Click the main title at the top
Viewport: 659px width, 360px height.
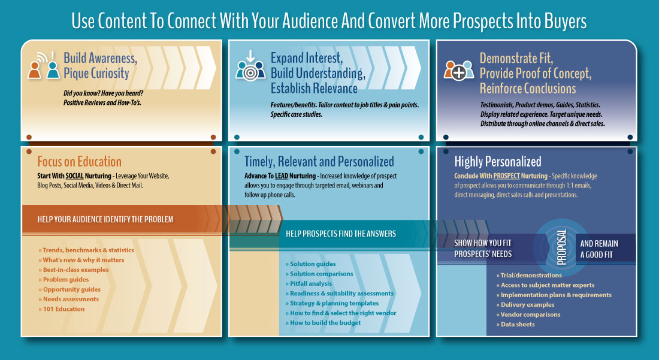point(329,21)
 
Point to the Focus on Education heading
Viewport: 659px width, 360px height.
point(79,162)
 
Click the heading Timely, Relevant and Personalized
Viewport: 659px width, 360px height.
point(319,162)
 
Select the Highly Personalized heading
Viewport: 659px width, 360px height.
point(498,162)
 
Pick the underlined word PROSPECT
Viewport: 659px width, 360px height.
point(509,176)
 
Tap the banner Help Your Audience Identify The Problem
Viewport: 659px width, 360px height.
point(105,219)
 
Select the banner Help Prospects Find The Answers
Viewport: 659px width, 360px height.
point(341,234)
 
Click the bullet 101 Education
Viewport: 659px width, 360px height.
point(64,309)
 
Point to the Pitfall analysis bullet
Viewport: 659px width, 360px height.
point(311,283)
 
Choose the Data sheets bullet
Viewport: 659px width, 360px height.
point(518,324)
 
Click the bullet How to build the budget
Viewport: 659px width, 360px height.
point(325,323)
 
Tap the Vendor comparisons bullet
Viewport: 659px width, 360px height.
point(530,314)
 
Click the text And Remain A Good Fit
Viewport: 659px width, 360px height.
point(599,249)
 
